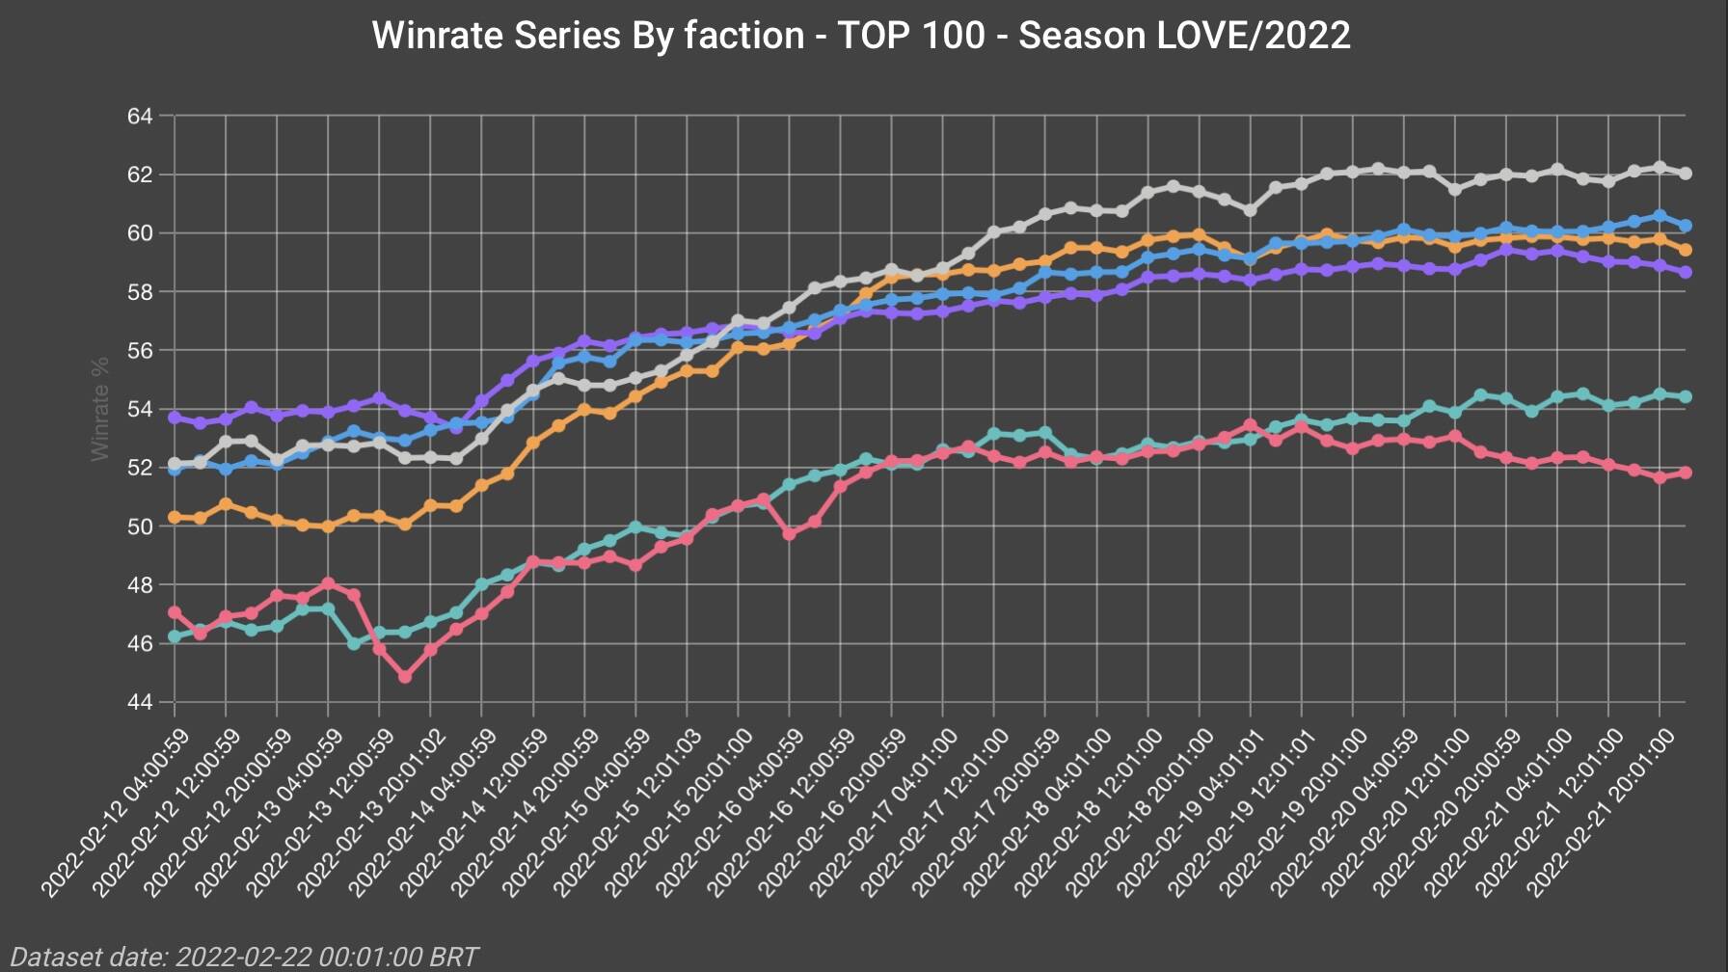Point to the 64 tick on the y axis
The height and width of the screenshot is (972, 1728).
[x=140, y=117]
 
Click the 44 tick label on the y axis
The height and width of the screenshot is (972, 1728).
[x=140, y=702]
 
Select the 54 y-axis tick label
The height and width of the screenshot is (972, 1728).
[x=140, y=409]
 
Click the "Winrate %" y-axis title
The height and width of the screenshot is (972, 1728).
[x=100, y=409]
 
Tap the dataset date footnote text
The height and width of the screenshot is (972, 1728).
[x=245, y=957]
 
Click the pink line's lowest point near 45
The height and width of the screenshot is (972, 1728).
[x=405, y=677]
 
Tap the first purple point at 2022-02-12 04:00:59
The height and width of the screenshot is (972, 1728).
[x=175, y=418]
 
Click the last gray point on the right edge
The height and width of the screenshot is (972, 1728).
[x=1686, y=174]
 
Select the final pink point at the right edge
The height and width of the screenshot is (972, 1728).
[x=1686, y=472]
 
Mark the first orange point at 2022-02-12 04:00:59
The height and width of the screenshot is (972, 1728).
[x=175, y=518]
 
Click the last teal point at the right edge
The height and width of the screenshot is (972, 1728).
[x=1686, y=396]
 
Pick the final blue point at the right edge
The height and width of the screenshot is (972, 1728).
[x=1686, y=226]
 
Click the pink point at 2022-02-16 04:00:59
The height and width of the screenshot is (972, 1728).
[x=790, y=533]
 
